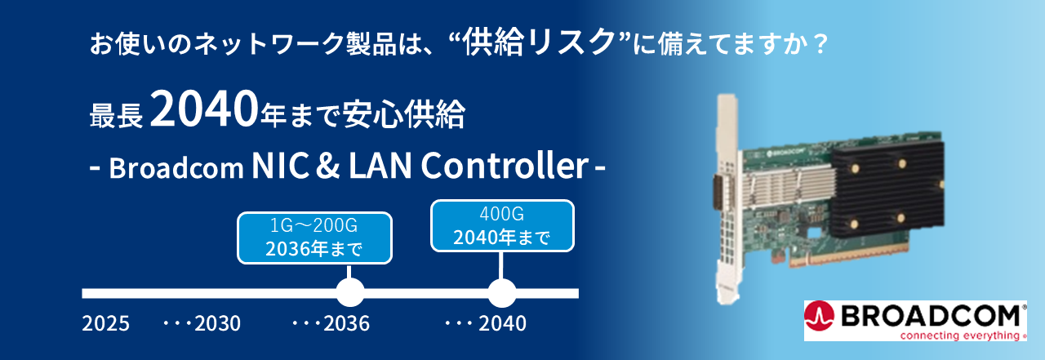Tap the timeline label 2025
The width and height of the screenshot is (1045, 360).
[105, 324]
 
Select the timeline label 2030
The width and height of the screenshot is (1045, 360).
[217, 324]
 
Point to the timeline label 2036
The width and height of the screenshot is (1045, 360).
[346, 324]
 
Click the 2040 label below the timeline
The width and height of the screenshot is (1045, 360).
[502, 324]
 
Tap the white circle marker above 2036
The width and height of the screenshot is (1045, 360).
[350, 292]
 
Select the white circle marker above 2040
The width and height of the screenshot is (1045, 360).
[501, 292]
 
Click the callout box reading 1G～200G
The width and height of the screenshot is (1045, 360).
[314, 238]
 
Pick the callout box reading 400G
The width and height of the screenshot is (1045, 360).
[501, 226]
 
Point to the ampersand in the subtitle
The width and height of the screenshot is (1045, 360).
[327, 168]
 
